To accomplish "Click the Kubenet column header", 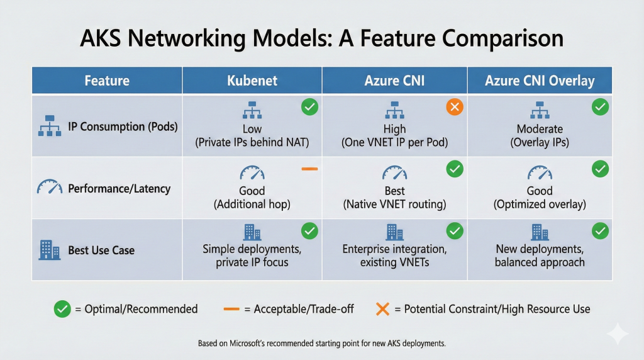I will click(252, 81).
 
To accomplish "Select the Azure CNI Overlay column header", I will click(540, 81).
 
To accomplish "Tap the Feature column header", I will click(107, 81).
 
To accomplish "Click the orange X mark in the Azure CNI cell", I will click(454, 107).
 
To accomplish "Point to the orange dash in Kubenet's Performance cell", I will click(309, 169).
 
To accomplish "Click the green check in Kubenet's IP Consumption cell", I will click(309, 107).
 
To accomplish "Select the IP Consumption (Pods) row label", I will click(123, 127).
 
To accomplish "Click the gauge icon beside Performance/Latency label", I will click(49, 187).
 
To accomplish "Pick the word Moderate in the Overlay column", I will click(540, 129).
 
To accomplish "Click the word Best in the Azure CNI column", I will click(394, 191).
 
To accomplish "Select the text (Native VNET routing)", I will click(394, 204).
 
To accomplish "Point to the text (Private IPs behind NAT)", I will click(252, 142).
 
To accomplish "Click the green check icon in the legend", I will click(62, 309).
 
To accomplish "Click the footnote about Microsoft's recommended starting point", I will click(322, 344).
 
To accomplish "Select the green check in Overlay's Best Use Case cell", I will click(601, 230).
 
